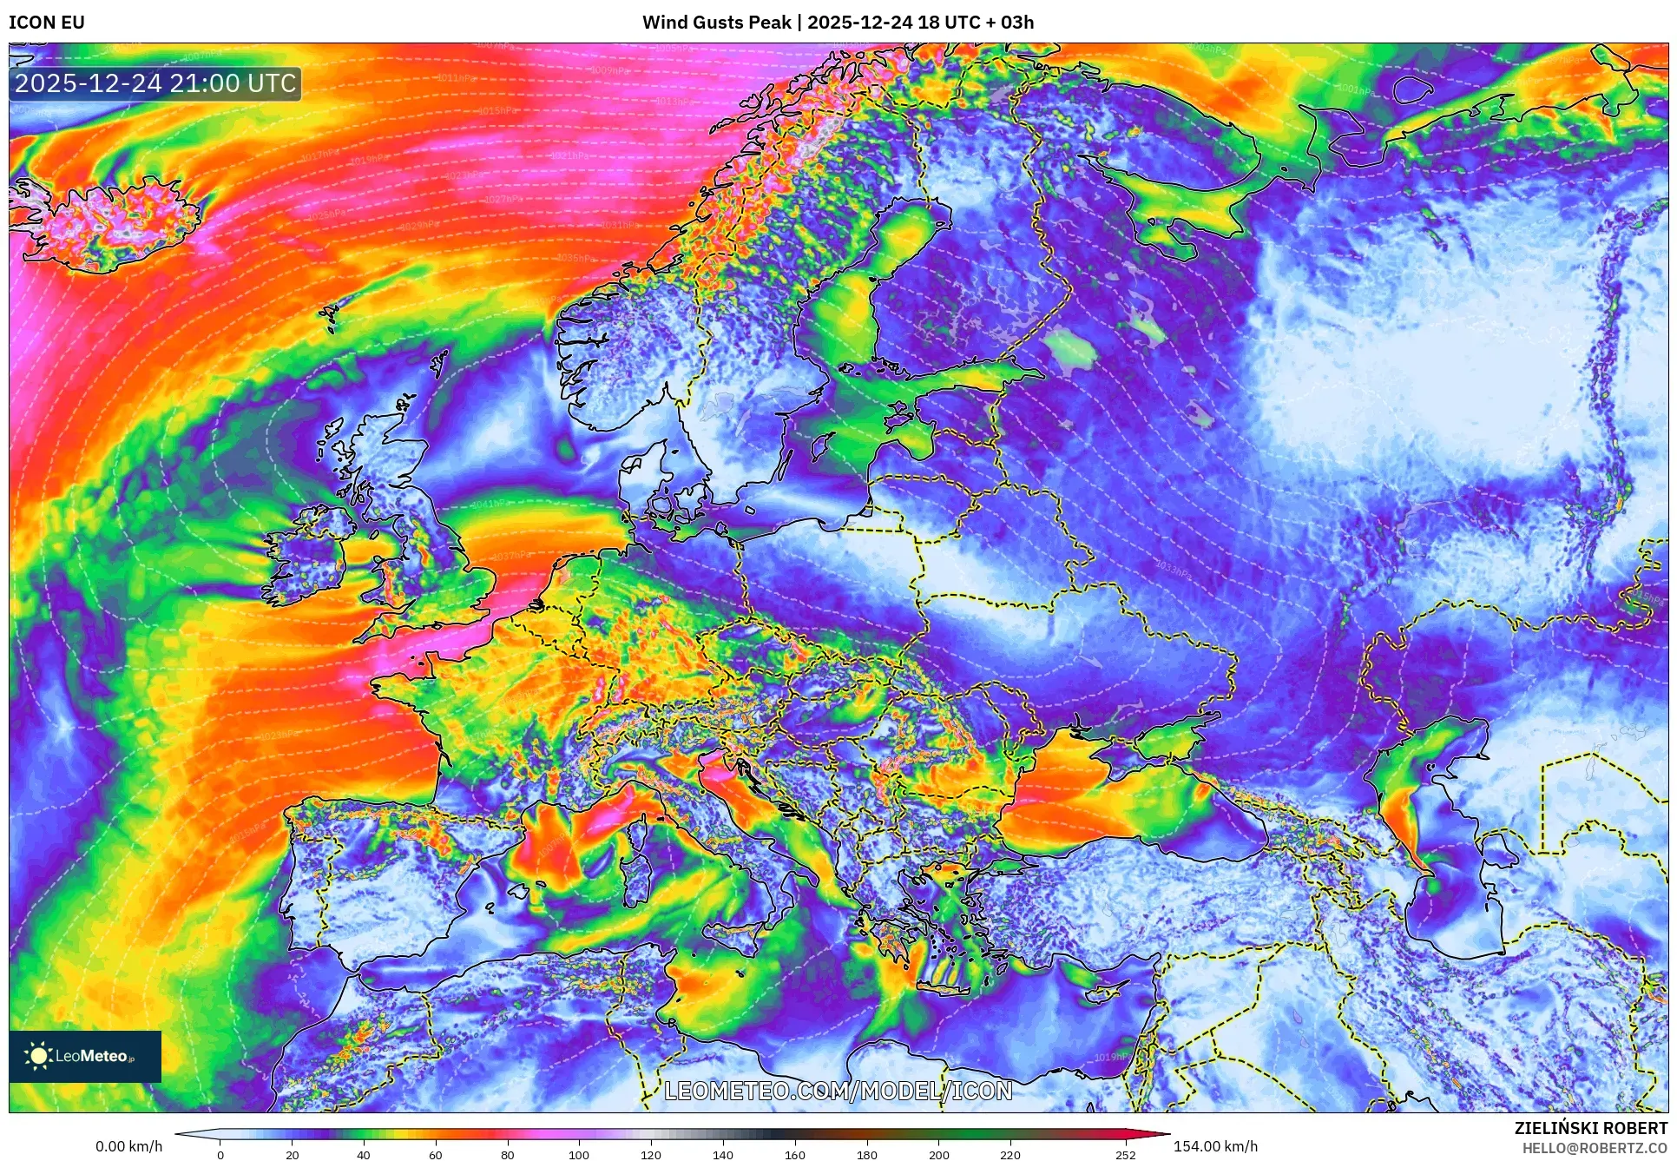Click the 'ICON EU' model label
click(47, 23)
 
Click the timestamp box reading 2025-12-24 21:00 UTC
click(155, 83)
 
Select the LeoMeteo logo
click(85, 1056)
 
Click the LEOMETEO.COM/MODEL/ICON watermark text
click(838, 1091)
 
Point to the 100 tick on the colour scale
click(578, 1154)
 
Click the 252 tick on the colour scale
click(1125, 1154)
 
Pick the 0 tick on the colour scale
click(220, 1154)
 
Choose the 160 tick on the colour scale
click(794, 1154)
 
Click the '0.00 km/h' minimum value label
click(128, 1146)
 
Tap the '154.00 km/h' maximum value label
click(1215, 1146)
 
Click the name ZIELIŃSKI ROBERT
click(1590, 1128)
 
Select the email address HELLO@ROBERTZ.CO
click(1594, 1148)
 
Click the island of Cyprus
click(1107, 991)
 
